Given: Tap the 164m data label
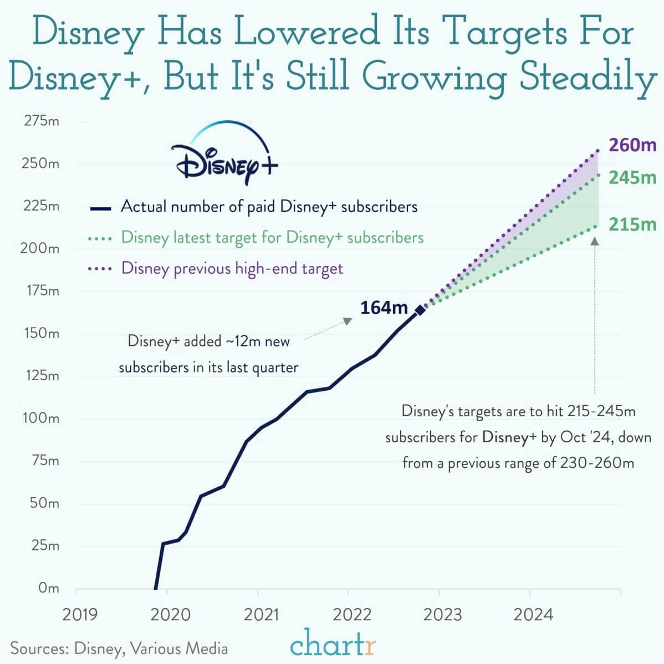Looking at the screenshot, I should click(x=384, y=308).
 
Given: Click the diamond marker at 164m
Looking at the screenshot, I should click(x=420, y=310).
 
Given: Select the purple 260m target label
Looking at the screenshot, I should click(x=632, y=145).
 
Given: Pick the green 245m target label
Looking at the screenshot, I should click(x=632, y=178).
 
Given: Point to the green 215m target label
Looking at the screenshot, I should click(x=632, y=224).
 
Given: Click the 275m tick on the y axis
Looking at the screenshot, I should click(x=42, y=121).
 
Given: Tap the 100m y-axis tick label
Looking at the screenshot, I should click(x=42, y=418).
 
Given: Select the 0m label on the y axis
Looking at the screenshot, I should click(x=48, y=588).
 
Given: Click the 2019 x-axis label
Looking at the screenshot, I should click(x=80, y=615).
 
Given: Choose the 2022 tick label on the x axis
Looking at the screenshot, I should click(x=353, y=615).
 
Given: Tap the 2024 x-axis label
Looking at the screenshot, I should click(x=533, y=615).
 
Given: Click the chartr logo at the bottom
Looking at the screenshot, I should click(x=333, y=645).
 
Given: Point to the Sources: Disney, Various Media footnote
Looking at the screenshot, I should click(x=119, y=648).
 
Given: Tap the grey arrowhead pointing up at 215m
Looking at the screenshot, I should click(x=595, y=241).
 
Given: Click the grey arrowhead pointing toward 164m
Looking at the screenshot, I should click(x=348, y=321).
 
